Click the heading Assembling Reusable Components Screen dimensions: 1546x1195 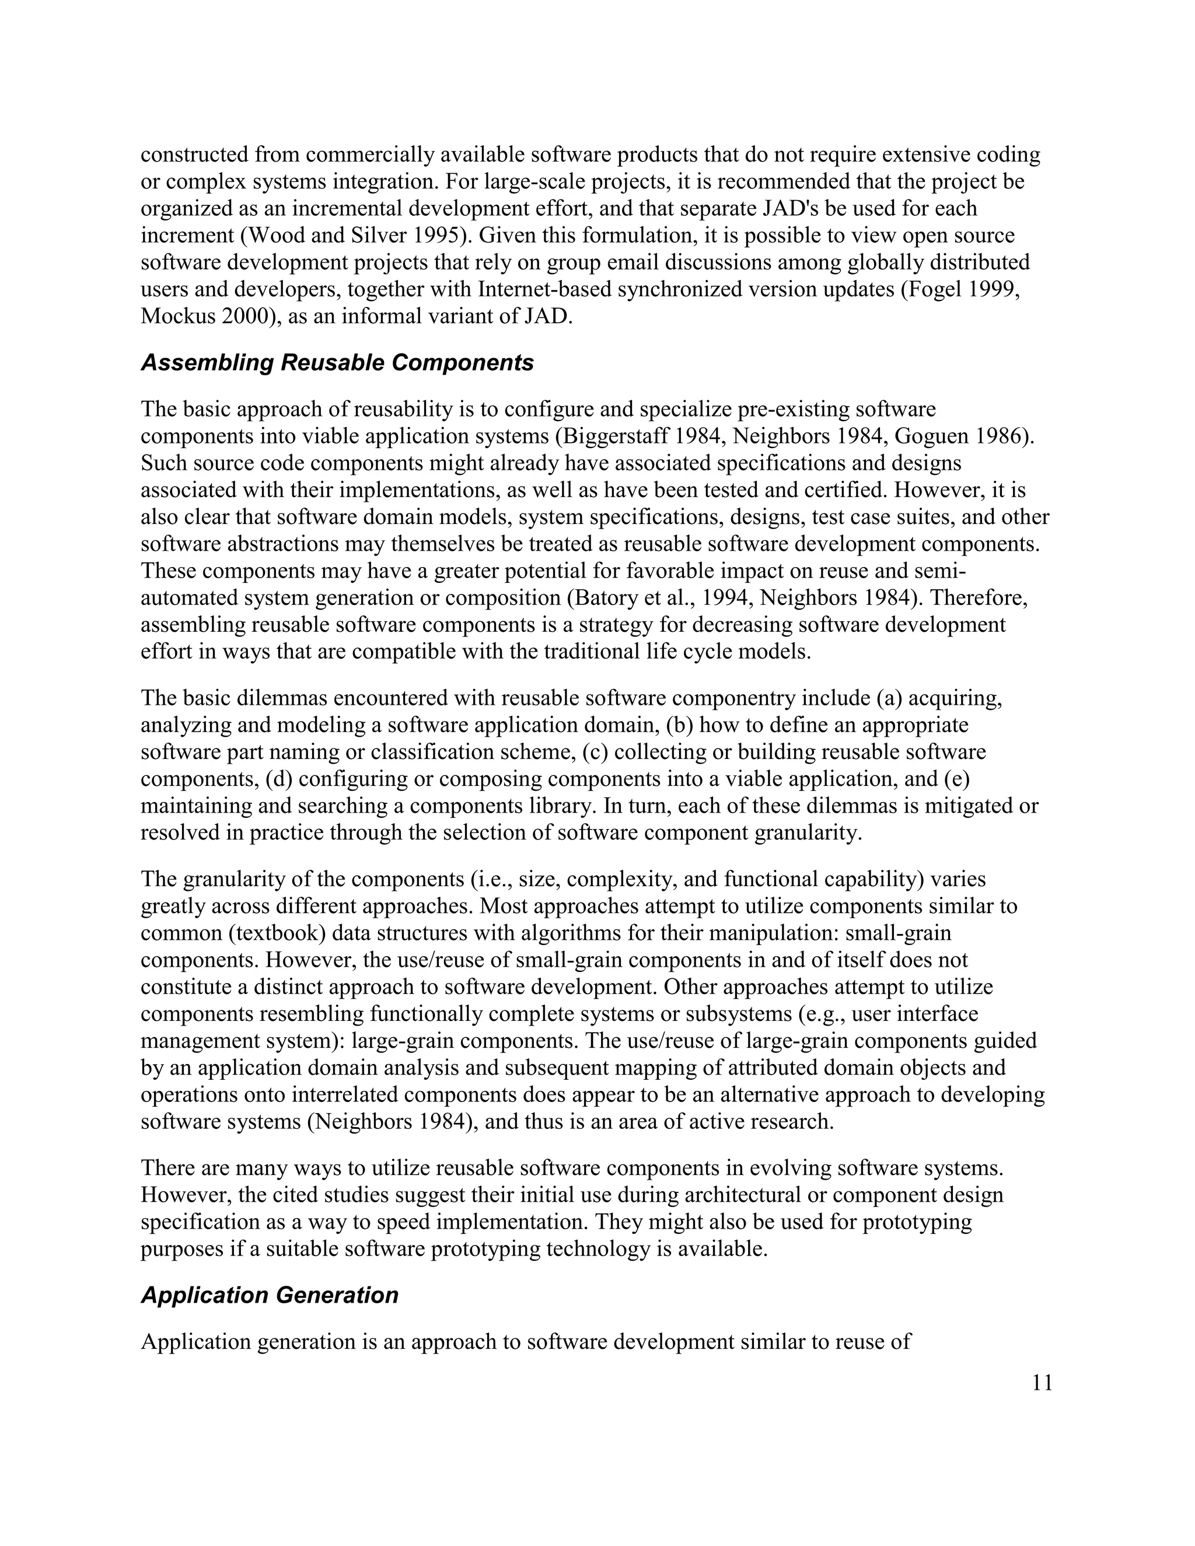pos(337,362)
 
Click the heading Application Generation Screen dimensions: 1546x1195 pos(269,1295)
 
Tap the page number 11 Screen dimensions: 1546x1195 pos(1042,1383)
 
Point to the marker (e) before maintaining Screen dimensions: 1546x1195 pos(956,779)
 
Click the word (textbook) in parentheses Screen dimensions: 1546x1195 pos(277,933)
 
